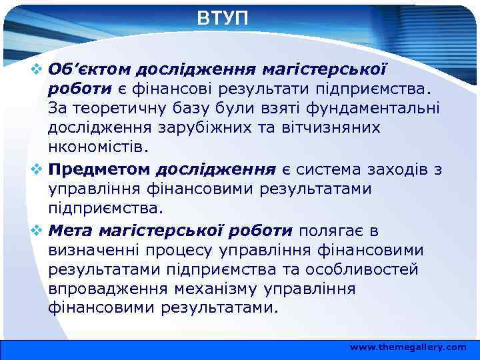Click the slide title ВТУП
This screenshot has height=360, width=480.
point(223,18)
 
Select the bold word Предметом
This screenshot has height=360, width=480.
point(99,169)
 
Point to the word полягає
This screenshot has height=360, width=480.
point(333,231)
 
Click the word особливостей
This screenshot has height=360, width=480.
point(362,270)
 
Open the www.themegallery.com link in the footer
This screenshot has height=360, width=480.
point(408,347)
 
